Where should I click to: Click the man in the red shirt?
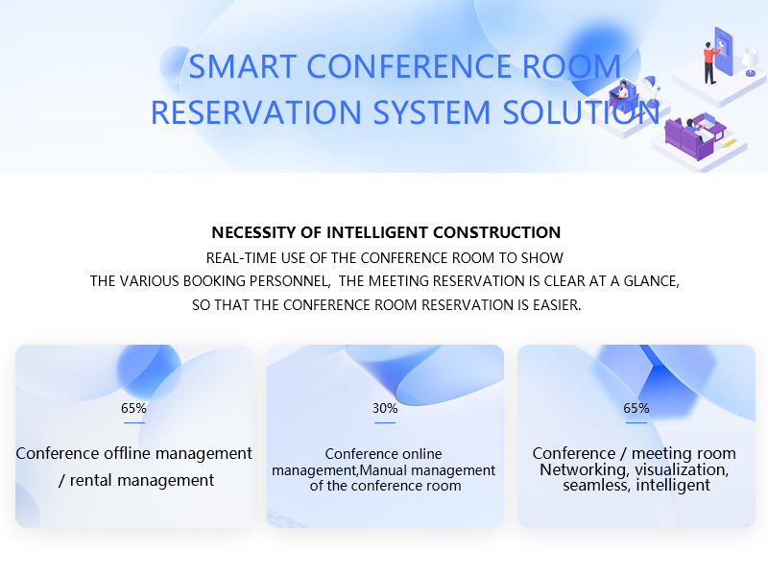[x=709, y=63]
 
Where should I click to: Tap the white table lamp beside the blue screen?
[x=750, y=61]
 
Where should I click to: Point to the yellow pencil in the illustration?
[x=730, y=143]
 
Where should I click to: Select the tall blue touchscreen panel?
[x=724, y=51]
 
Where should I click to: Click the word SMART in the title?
[x=243, y=66]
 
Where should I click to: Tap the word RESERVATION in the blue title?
[x=255, y=112]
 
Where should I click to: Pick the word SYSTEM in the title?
[x=431, y=112]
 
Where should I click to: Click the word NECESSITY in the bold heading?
[x=253, y=232]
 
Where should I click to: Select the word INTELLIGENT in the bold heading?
[x=377, y=232]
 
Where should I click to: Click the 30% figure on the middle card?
[x=385, y=408]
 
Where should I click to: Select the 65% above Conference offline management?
[x=133, y=408]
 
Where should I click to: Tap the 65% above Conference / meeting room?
[x=636, y=408]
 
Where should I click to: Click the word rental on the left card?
[x=91, y=481]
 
